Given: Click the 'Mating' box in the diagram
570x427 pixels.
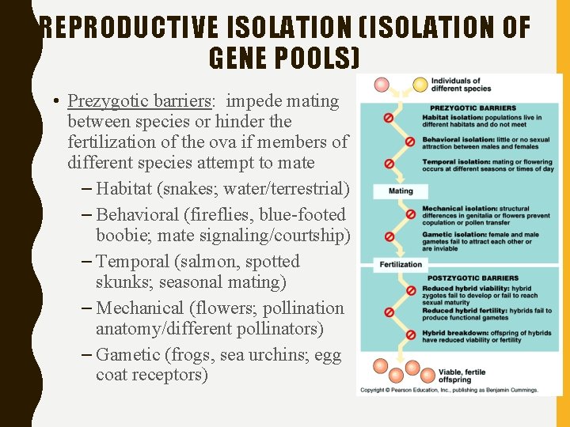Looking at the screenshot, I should pos(401,191).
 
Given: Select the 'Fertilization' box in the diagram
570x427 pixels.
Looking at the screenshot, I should pos(401,264).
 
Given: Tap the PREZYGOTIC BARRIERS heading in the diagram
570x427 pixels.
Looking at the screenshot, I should pos(472,108).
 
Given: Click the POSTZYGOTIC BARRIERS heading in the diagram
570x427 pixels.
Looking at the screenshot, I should pos(473,278).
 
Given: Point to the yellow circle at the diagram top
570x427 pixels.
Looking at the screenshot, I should pos(420,84).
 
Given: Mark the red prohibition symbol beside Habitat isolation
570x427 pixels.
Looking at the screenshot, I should pos(388,118).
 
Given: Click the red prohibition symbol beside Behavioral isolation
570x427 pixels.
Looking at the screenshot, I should pos(409,142).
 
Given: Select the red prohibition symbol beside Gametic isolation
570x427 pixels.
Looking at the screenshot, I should pos(388,236).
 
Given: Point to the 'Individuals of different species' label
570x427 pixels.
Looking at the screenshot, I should pos(456,85).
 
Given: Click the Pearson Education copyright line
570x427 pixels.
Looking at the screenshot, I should pos(449,390).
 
